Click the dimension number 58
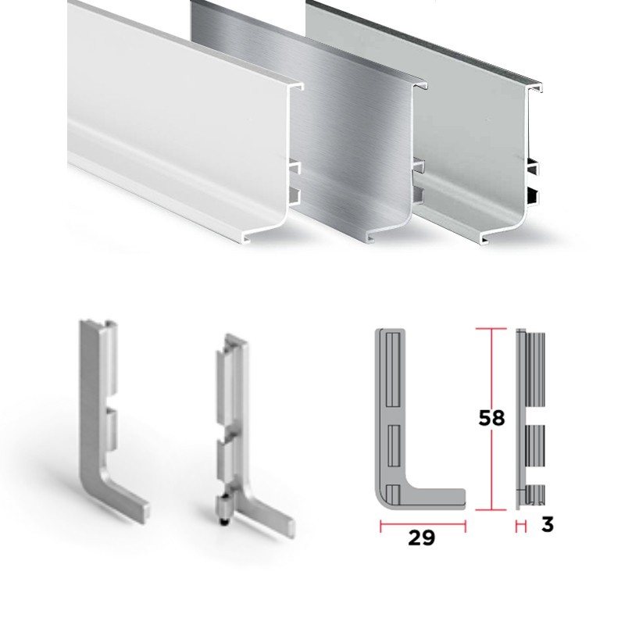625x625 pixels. [491, 418]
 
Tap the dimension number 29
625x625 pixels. [421, 537]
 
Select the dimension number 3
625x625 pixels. [548, 524]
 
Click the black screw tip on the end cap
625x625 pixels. [223, 520]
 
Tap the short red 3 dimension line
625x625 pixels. [520, 526]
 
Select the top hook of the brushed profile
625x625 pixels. [420, 85]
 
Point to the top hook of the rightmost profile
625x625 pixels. [535, 87]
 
